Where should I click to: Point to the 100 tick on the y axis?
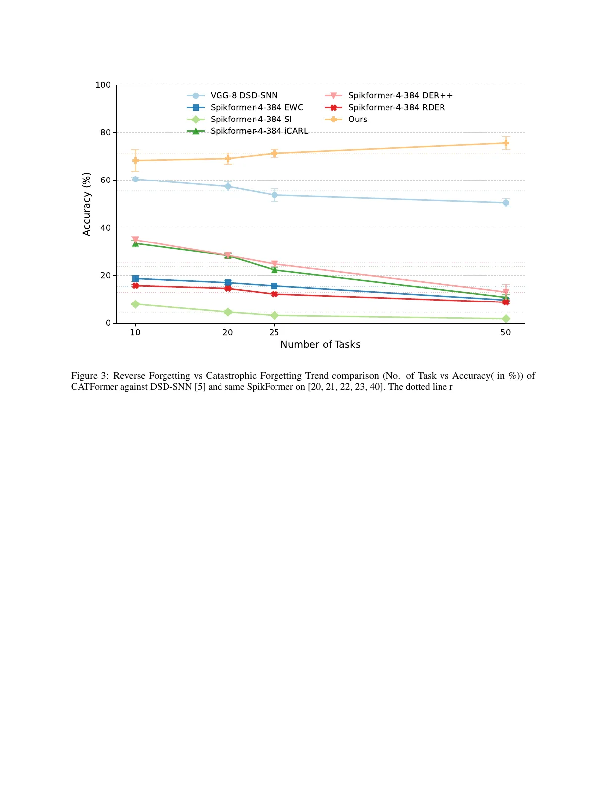coord(103,85)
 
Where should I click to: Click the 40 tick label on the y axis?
coord(106,228)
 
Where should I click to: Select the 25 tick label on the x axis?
coord(274,332)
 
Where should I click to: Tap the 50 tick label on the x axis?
coord(505,332)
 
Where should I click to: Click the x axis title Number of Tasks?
coord(320,344)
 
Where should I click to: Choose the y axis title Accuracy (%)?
coord(87,204)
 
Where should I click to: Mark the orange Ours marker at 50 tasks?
coord(506,143)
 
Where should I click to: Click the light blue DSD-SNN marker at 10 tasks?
coord(135,179)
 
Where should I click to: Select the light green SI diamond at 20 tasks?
coord(228,312)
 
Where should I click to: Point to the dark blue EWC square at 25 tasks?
coord(274,286)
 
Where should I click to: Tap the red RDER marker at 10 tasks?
coord(135,285)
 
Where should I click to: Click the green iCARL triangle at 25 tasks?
coord(274,269)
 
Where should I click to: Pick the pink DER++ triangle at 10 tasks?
coord(135,240)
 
